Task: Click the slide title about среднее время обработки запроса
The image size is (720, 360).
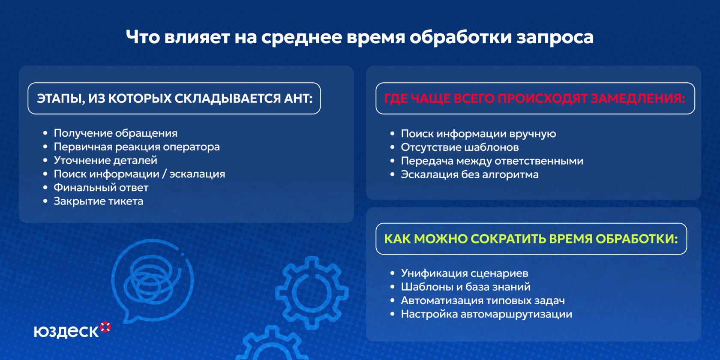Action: tap(360, 37)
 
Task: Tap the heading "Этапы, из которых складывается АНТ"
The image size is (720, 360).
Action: tap(174, 99)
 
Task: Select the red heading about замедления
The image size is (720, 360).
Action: tap(535, 99)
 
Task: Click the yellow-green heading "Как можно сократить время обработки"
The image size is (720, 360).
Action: tap(531, 239)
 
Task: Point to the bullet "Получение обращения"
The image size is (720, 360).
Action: tap(115, 133)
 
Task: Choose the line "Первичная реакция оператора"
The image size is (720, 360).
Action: tap(137, 147)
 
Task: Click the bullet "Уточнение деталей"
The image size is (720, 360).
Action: tap(105, 160)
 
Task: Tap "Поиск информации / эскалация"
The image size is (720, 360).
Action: tap(139, 174)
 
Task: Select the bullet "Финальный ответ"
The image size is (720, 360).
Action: tap(101, 187)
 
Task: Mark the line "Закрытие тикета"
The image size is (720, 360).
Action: tap(99, 201)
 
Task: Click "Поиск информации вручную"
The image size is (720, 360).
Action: tap(478, 134)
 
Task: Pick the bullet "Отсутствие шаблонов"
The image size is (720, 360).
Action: tap(459, 147)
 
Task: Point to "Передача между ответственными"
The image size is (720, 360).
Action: tap(492, 161)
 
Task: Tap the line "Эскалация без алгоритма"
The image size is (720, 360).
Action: tap(470, 174)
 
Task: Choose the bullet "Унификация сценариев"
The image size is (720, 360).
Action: tap(465, 273)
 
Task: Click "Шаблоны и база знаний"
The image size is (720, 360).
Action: tap(465, 287)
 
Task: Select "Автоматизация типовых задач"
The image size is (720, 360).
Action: tap(483, 300)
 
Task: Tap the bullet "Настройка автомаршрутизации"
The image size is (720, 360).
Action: tap(486, 314)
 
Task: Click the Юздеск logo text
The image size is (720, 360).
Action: tap(66, 331)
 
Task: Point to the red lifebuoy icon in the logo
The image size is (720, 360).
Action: tap(105, 327)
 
